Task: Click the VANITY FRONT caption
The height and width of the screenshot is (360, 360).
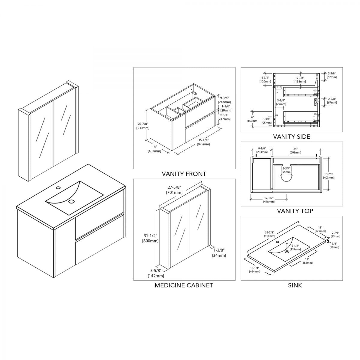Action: click(184, 174)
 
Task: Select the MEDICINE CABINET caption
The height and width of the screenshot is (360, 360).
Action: click(184, 290)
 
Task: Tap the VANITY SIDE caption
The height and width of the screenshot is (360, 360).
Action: click(292, 136)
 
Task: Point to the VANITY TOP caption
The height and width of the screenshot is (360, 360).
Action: click(295, 211)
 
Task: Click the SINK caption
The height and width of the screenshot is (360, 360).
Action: click(295, 290)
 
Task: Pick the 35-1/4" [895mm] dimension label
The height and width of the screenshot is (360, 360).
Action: click(203, 142)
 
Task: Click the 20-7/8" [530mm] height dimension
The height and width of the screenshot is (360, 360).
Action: click(143, 126)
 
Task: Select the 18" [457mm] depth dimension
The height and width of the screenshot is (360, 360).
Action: click(154, 149)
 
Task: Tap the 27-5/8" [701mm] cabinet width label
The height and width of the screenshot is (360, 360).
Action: click(174, 190)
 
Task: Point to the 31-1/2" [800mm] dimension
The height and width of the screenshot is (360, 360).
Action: click(150, 238)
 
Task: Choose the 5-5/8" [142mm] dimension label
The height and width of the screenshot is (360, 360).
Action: click(156, 273)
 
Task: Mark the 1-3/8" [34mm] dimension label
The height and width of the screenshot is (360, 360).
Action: click(219, 253)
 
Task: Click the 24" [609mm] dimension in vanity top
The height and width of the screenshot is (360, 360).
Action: click(295, 151)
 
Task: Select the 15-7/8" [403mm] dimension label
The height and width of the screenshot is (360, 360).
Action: click(329, 176)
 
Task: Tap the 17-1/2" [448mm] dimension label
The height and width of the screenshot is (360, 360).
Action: click(269, 200)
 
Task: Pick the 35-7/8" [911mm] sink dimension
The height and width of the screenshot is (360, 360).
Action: click(269, 234)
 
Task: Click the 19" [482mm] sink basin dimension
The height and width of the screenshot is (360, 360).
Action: click(307, 261)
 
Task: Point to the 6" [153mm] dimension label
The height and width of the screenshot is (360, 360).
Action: click(252, 119)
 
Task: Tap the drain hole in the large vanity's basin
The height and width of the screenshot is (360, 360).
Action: click(71, 201)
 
